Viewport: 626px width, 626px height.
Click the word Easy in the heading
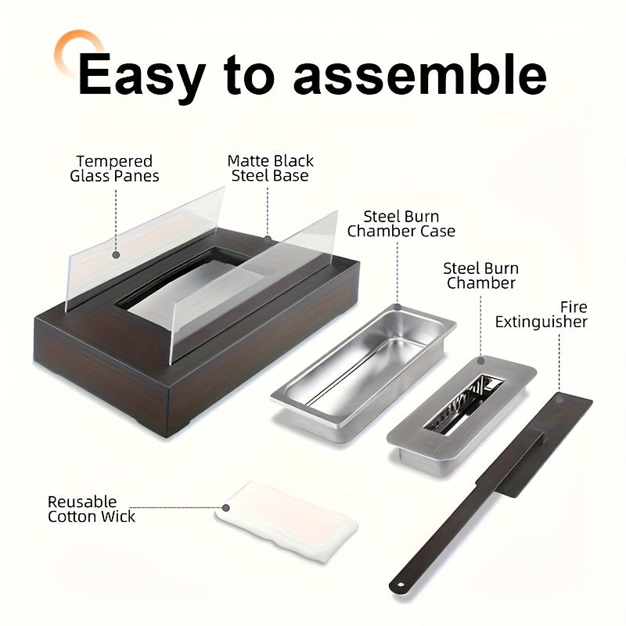tap(142, 77)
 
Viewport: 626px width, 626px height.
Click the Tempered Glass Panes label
tap(114, 168)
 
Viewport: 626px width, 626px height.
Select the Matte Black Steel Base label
tap(270, 168)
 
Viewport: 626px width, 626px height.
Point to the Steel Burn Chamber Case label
tap(401, 224)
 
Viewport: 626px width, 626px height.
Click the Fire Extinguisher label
tap(541, 315)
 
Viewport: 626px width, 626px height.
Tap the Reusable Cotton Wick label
tap(91, 509)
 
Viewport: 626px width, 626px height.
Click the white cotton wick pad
tap(286, 521)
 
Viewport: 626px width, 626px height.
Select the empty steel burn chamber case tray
tap(363, 373)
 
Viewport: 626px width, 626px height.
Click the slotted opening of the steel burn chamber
tap(463, 405)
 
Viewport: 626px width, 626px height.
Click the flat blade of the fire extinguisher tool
tap(545, 443)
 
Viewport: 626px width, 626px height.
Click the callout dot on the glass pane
tap(116, 255)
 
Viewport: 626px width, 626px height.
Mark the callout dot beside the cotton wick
tap(225, 508)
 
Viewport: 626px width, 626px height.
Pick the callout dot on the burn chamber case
tap(398, 307)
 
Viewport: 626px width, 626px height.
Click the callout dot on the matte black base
tap(268, 239)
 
